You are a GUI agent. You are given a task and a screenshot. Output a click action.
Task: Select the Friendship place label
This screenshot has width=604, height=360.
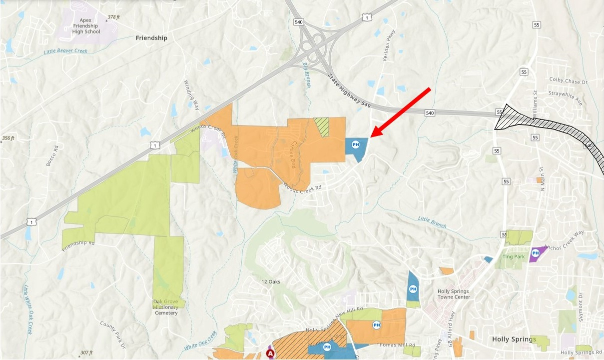(151, 38)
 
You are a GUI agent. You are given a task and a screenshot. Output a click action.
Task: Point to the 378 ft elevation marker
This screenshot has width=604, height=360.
(113, 17)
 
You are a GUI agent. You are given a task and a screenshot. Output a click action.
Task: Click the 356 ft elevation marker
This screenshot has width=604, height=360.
(8, 138)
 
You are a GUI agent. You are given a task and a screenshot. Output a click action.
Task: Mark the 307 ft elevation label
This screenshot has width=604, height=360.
(85, 353)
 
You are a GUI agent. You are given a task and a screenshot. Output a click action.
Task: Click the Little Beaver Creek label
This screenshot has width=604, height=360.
(65, 51)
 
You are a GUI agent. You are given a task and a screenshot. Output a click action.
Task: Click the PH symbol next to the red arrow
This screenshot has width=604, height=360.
(356, 145)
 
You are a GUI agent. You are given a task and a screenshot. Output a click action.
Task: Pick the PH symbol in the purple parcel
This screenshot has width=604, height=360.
(534, 252)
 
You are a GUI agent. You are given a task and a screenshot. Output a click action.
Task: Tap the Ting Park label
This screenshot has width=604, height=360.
(513, 257)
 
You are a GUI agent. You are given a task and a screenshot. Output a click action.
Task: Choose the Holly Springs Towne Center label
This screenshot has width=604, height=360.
(454, 294)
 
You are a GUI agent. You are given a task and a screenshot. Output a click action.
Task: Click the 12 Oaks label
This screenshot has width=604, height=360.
(271, 281)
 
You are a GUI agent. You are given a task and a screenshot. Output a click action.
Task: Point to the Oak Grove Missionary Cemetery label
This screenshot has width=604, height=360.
(166, 307)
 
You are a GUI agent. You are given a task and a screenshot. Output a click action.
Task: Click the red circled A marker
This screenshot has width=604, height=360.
(271, 354)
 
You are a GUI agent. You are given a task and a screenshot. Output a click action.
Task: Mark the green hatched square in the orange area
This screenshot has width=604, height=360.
(322, 127)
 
